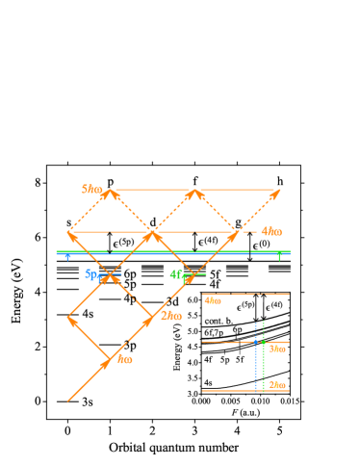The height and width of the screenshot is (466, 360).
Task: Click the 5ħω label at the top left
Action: pos(92,189)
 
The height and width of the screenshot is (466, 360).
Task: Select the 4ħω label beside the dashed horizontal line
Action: pos(271,231)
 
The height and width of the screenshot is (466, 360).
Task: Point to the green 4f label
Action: pos(176,274)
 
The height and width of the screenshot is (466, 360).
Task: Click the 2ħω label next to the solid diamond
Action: pos(171,316)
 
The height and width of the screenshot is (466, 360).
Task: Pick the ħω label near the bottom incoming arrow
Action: pos(124,359)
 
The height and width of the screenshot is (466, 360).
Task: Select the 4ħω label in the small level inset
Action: pos(213,300)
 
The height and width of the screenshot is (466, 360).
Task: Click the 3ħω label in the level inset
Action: pos(276,349)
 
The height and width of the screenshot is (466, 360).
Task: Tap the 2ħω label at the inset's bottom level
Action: pos(276,384)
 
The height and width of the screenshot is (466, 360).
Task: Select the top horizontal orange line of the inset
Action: pos(245,294)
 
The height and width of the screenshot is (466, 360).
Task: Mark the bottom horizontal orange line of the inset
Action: pos(245,391)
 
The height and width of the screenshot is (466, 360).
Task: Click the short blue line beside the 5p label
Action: pos(113,275)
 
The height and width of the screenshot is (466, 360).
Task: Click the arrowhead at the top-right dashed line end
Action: pos(275,194)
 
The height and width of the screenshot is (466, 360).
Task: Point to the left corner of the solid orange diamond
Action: pos(68,318)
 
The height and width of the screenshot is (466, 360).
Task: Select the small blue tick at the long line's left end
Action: pos(66,257)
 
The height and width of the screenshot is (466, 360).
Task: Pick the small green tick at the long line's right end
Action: pos(279,257)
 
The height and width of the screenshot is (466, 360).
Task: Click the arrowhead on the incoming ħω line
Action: pos(106,363)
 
